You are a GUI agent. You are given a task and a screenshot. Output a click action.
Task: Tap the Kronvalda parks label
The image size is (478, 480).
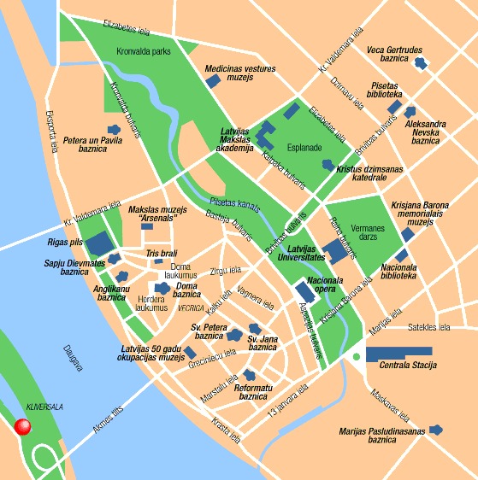point(144,51)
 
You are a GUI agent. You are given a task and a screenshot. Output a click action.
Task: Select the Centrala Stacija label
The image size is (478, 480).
point(407,366)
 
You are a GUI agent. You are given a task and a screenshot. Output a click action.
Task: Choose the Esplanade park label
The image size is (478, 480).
point(304,147)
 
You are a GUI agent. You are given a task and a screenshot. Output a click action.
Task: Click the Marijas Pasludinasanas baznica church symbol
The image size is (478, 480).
point(438,430)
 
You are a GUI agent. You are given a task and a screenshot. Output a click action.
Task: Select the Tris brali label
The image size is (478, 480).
point(161,254)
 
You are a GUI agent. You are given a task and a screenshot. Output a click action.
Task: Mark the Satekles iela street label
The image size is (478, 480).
point(428,327)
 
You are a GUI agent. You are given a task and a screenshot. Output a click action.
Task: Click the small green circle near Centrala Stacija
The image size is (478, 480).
point(355,356)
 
